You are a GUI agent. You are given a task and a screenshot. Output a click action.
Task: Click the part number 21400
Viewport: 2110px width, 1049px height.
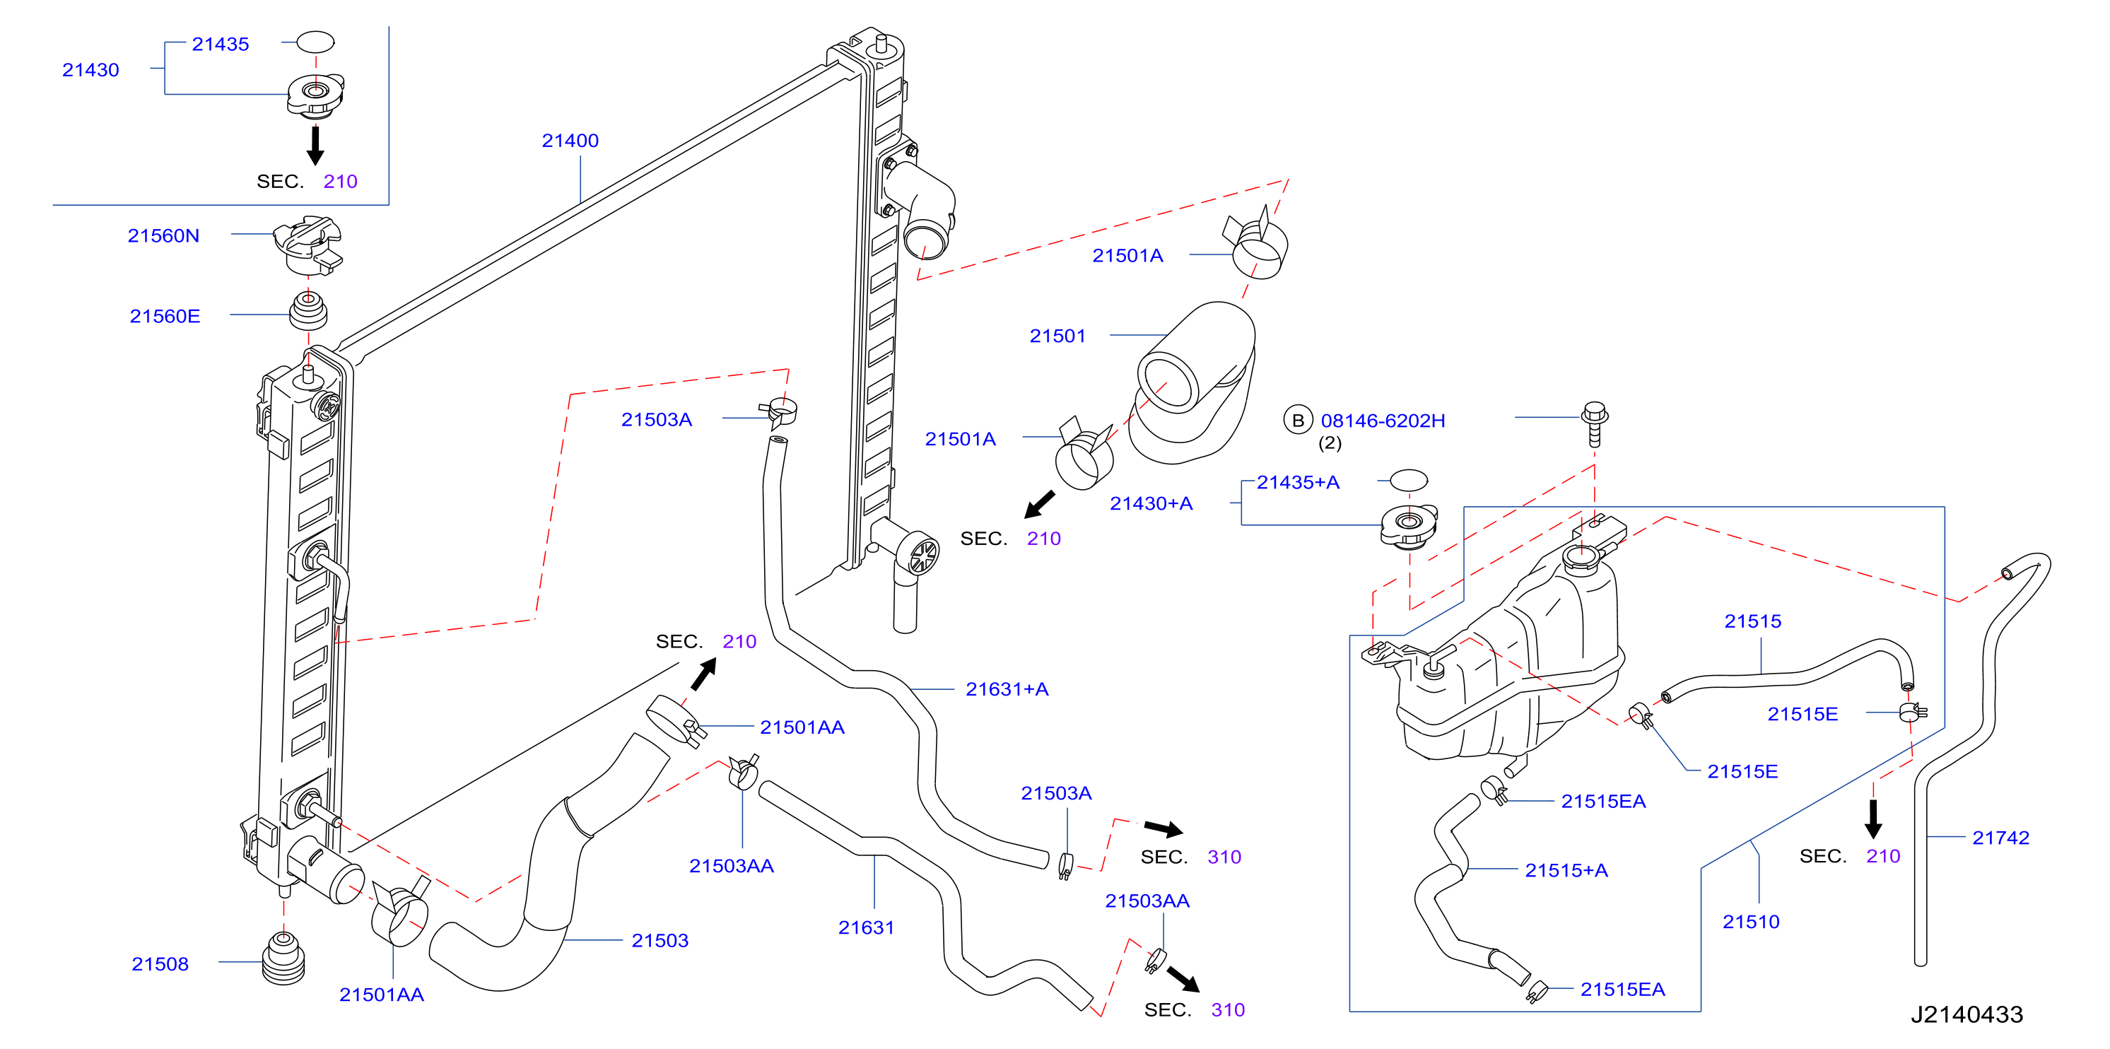570,141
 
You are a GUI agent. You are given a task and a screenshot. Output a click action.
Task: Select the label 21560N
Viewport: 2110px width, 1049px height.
164,236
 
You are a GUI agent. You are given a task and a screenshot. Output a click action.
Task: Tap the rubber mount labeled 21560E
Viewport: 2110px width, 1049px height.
308,310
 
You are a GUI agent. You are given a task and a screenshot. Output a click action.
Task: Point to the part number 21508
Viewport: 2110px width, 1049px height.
160,964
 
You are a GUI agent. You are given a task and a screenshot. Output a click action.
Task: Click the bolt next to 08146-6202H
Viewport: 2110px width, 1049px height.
1594,424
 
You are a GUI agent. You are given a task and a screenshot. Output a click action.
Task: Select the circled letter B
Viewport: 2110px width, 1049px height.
1297,420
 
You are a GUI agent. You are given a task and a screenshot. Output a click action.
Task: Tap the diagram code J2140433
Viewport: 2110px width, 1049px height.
1967,1014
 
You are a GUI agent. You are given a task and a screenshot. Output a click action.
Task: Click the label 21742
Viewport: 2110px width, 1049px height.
2000,838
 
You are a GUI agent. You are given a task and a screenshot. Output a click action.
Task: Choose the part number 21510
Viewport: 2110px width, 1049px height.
1751,922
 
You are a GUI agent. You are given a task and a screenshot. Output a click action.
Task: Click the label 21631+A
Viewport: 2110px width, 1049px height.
1007,689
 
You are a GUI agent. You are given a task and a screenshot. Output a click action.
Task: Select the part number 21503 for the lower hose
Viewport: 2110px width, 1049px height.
660,941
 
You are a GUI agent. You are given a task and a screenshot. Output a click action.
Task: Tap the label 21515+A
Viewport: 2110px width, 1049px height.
1566,870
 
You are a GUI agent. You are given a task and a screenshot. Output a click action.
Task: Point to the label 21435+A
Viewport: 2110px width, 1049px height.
1299,482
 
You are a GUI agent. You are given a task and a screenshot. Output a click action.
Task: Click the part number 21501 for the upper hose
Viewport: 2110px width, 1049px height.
1057,336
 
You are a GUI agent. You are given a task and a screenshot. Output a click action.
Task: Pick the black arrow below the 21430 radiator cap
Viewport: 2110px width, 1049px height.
315,145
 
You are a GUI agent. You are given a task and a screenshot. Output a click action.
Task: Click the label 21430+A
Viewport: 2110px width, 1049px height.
1151,503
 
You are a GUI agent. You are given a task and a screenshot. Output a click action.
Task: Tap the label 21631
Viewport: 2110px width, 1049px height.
866,928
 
